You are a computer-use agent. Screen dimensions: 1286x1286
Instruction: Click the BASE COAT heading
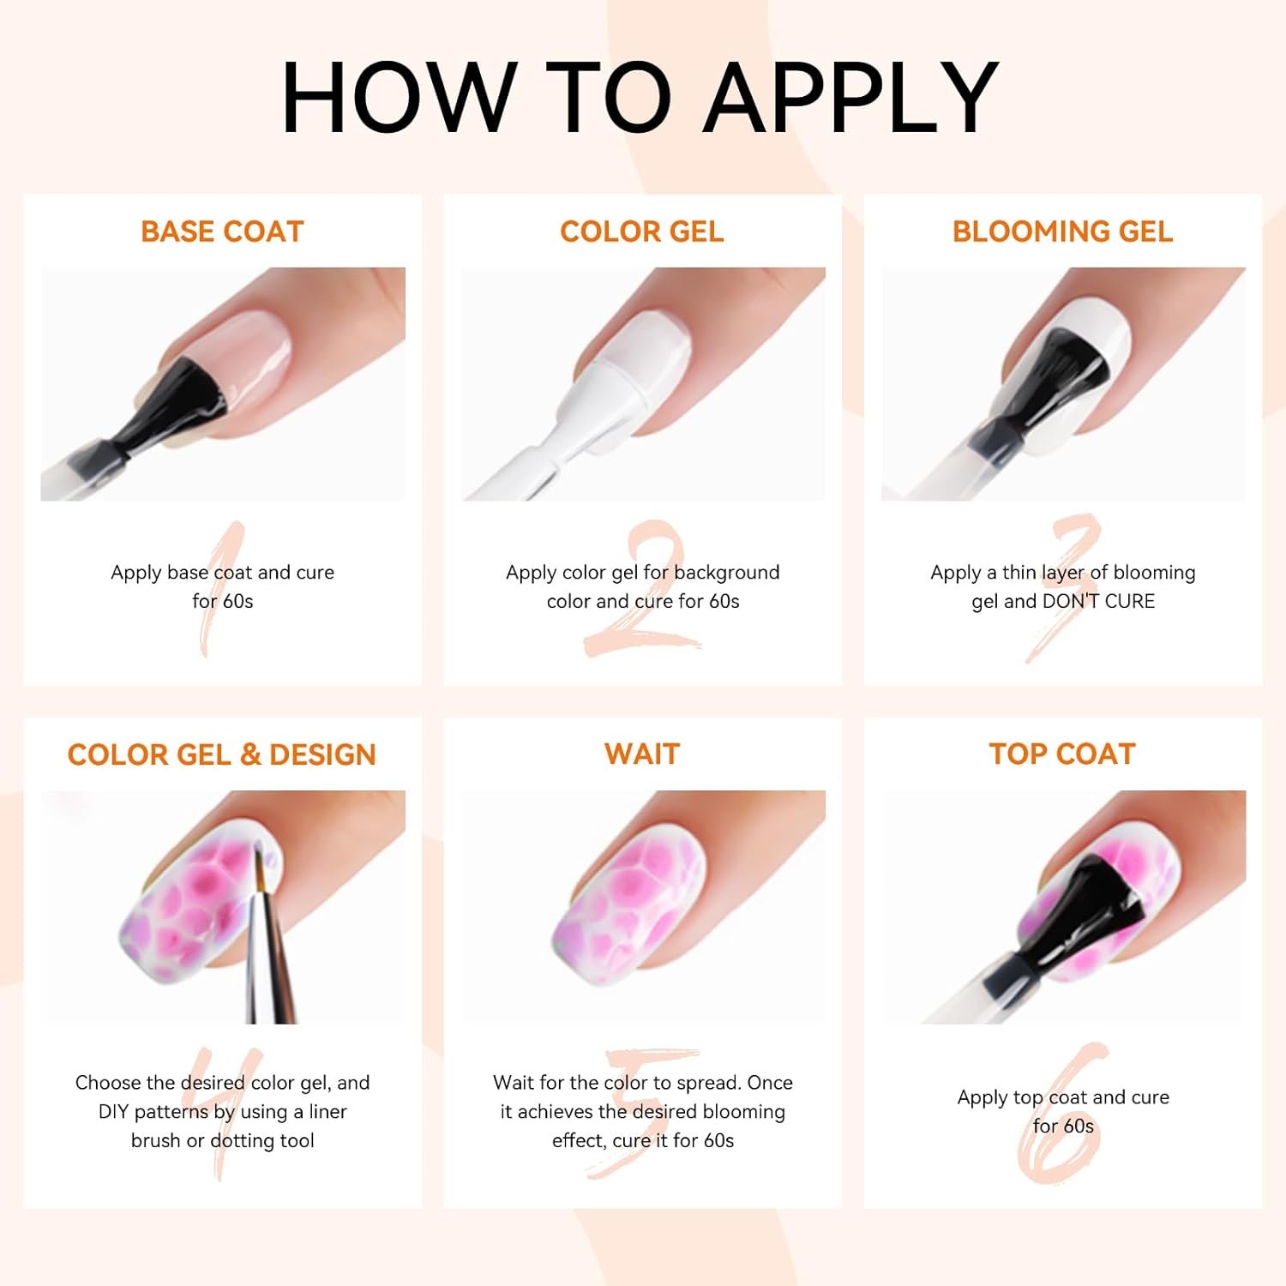(222, 231)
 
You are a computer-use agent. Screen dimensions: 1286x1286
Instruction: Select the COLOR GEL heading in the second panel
(642, 231)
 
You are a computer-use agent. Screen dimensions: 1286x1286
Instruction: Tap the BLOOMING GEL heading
(1062, 231)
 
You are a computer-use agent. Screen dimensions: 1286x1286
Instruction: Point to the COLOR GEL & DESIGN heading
(222, 754)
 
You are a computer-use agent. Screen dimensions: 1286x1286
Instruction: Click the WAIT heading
(642, 754)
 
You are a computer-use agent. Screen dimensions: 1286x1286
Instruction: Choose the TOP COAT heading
(1062, 754)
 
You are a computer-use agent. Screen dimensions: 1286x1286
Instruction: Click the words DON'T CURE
(1098, 601)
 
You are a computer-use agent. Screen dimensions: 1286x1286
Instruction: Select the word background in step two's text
(727, 573)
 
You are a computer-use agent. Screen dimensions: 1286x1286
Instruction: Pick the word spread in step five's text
(708, 1084)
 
